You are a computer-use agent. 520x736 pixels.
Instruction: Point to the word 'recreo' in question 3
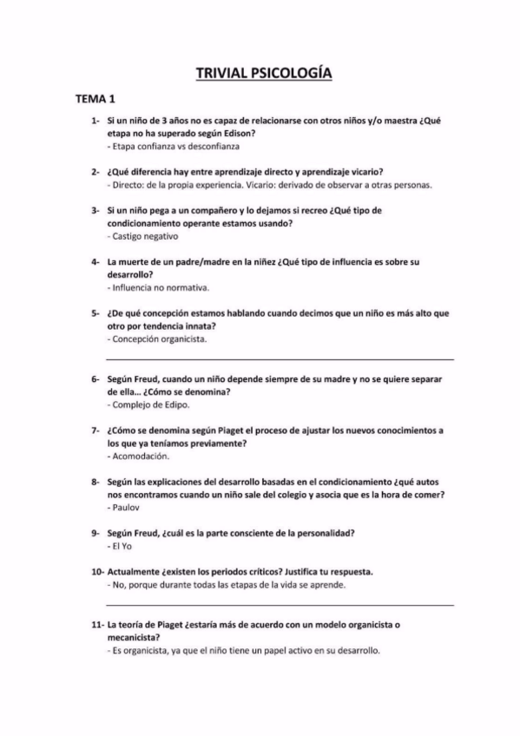click(x=280, y=211)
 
